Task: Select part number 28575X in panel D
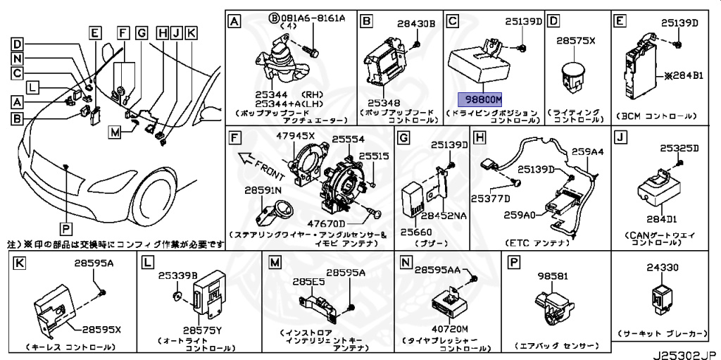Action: (576, 41)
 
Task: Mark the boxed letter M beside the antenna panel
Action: (115, 131)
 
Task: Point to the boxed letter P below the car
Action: (65, 227)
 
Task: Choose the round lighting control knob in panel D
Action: (573, 73)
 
